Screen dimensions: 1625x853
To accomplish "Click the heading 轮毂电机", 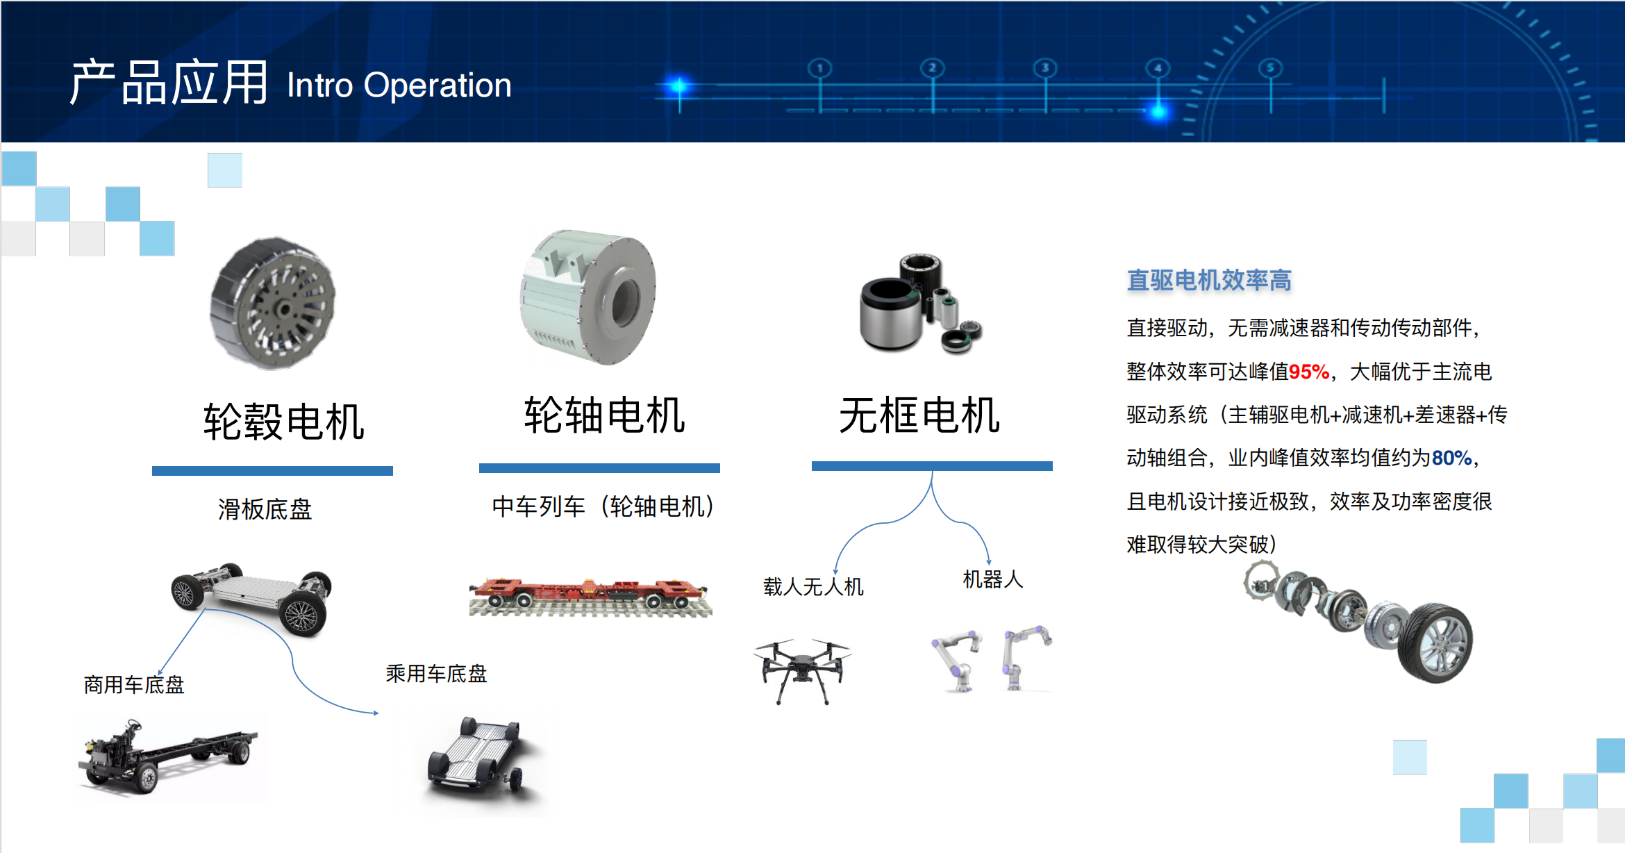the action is (x=283, y=421).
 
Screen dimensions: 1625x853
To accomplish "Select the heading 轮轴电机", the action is (x=604, y=415).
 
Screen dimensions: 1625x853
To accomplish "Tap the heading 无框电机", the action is (x=919, y=415).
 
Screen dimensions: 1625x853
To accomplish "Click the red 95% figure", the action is (x=1309, y=372).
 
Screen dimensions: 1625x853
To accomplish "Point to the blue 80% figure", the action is (x=1451, y=458).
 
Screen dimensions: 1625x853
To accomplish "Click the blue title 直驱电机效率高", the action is (x=1209, y=280).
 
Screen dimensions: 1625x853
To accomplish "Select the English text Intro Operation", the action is (x=399, y=85).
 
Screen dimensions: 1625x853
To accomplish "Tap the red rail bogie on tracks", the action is (x=590, y=596).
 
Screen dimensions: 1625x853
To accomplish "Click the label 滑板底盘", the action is (x=265, y=509).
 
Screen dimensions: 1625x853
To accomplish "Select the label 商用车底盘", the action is (x=134, y=685).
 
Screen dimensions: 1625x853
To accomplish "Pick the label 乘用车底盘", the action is (x=436, y=673).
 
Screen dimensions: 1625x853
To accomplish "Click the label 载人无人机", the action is (x=813, y=587).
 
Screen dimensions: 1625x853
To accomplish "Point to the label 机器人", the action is (x=993, y=579).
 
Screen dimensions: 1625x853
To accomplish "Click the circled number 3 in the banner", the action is (x=1045, y=67).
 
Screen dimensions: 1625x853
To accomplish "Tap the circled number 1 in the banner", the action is (x=820, y=67).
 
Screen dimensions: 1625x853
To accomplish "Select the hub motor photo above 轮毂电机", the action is (x=273, y=303).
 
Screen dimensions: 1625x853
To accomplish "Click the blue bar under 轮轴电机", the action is (x=599, y=468).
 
